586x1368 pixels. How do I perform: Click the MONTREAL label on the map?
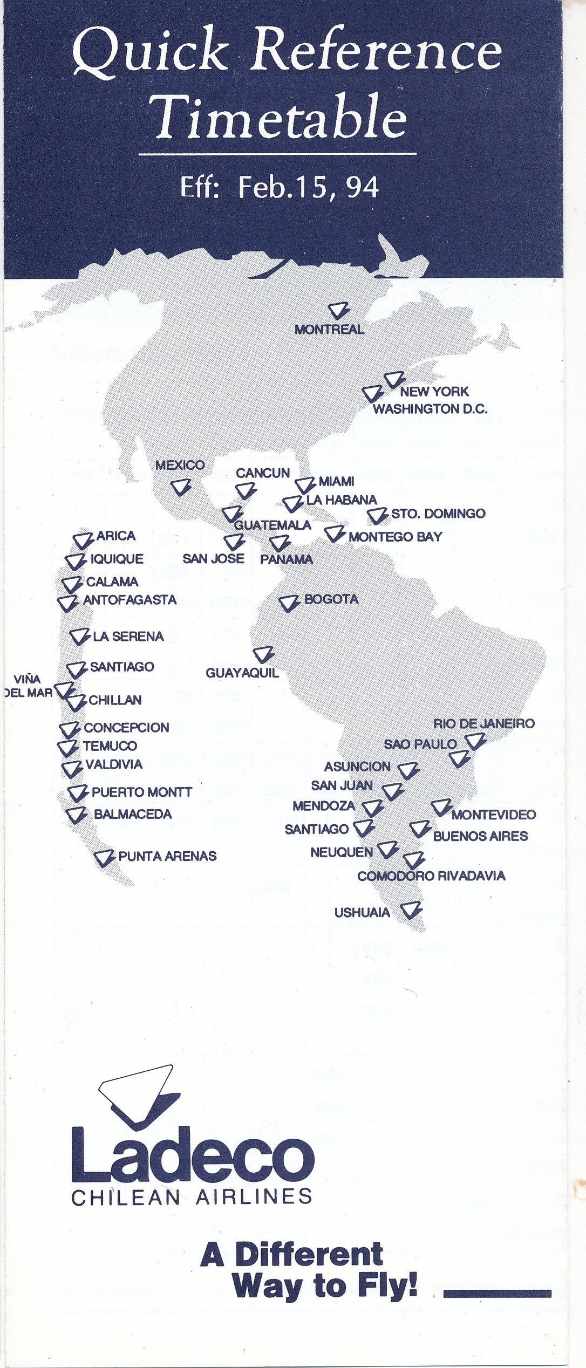tap(329, 329)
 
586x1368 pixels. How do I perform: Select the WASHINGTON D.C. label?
tap(430, 408)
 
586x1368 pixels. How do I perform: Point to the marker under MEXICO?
tap(181, 488)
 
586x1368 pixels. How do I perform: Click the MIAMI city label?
tap(336, 481)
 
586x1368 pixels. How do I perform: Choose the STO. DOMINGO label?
tap(438, 514)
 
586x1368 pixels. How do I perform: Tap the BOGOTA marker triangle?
tap(289, 603)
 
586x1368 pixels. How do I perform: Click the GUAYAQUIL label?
tap(242, 673)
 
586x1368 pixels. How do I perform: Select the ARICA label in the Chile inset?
tap(115, 536)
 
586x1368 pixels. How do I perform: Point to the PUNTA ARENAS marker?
tap(104, 857)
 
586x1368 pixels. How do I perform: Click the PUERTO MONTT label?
tap(141, 792)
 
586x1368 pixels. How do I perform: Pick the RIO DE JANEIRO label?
tap(484, 723)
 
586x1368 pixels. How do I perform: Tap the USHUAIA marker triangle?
tap(412, 909)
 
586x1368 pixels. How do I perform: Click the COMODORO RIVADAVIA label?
tap(431, 875)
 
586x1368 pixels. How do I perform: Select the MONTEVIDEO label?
tap(494, 815)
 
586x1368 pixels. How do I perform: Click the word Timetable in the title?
tap(280, 117)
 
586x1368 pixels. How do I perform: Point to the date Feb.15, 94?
tap(308, 187)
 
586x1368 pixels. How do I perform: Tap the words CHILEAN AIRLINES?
tap(192, 1196)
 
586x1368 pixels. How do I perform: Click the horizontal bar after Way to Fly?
tap(496, 1293)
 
